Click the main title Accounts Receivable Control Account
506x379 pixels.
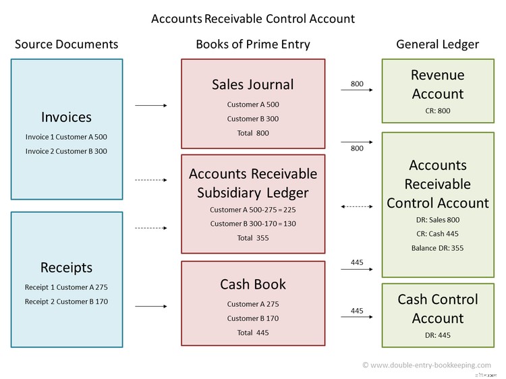(x=253, y=18)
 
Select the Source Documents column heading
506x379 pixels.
(x=66, y=45)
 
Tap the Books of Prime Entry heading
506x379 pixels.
(x=253, y=45)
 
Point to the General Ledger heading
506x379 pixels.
(x=437, y=45)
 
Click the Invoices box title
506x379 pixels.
(x=66, y=117)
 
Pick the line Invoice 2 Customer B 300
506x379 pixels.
(x=66, y=151)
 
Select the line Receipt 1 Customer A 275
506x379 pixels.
(x=66, y=287)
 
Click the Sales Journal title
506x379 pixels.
(x=253, y=84)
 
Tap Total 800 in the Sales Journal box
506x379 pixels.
(x=253, y=133)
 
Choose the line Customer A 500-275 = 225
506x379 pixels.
(x=253, y=210)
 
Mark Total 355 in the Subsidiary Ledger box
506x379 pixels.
(x=253, y=237)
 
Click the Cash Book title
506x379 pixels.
(x=253, y=284)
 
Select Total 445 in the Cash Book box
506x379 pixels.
(x=253, y=332)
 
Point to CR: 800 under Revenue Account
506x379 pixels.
(x=437, y=111)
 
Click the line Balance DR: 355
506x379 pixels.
(x=437, y=247)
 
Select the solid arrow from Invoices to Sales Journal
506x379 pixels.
(x=151, y=106)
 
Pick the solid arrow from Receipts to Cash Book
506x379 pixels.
(x=151, y=307)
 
